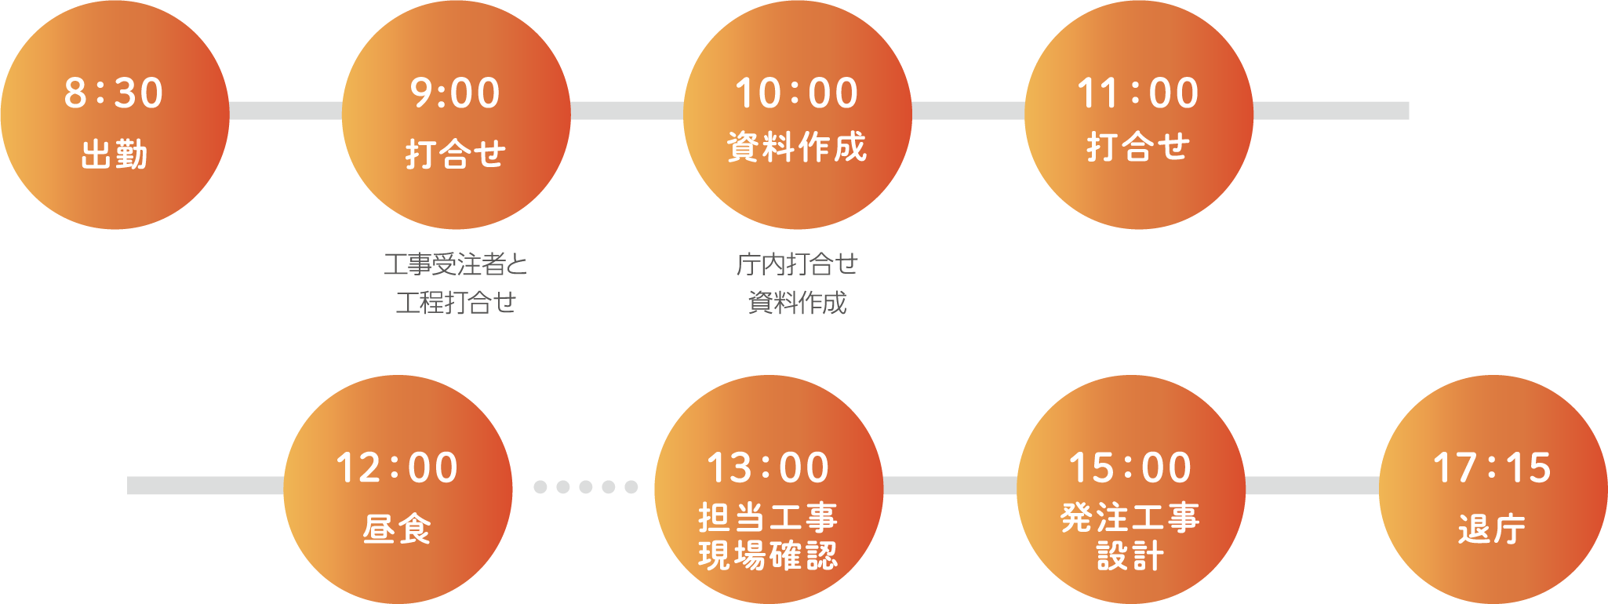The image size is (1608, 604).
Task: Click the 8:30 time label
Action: [114, 93]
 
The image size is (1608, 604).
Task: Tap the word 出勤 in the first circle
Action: [115, 154]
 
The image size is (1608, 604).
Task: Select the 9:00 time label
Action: [455, 93]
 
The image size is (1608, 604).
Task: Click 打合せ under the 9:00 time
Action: [456, 153]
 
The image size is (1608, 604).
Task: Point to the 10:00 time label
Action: [797, 93]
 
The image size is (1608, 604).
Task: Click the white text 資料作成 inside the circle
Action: [797, 147]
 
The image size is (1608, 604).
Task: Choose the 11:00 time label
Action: [1138, 93]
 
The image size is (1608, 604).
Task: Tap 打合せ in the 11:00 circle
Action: [1138, 147]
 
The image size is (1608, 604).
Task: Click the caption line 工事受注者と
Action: [456, 264]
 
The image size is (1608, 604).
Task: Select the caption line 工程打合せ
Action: [456, 302]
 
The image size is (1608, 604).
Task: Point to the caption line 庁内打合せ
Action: [797, 264]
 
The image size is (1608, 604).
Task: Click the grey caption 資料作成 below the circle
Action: [797, 302]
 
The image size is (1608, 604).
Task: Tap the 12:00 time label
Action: [397, 468]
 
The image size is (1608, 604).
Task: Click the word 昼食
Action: [397, 528]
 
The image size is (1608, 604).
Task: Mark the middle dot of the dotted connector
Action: [585, 487]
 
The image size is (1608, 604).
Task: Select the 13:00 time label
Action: [768, 468]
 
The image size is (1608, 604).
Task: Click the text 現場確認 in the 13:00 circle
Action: [768, 555]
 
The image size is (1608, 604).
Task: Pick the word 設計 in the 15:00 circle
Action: [1130, 555]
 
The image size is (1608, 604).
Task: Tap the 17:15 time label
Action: [1492, 468]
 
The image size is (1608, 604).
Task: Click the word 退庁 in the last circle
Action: [1492, 528]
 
